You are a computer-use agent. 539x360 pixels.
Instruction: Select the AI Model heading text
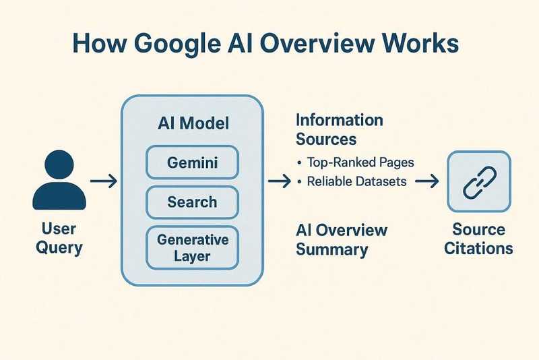coord(192,123)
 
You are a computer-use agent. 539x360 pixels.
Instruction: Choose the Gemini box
coord(192,162)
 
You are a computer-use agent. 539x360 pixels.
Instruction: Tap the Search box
coord(192,202)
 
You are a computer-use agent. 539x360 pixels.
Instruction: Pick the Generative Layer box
coord(192,247)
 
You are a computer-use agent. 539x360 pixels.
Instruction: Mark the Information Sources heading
coord(339,129)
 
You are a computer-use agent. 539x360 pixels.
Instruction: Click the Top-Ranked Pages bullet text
coord(356,162)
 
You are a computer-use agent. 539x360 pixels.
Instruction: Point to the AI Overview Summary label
coord(342,239)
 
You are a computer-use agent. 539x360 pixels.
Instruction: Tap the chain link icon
coord(478,181)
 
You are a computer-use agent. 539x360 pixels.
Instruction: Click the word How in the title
coord(98,45)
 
